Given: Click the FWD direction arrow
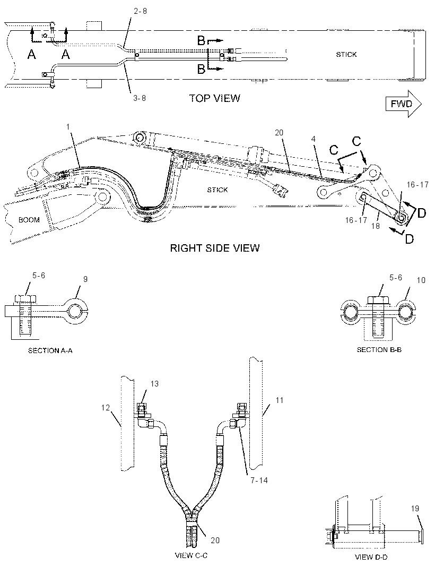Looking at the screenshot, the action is tap(403, 104).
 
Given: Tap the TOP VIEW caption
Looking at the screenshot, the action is tap(215, 98).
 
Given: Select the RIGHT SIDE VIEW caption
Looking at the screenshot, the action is tap(215, 248).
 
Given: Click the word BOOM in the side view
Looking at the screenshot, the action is tap(29, 220).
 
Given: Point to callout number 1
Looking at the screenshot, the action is tap(68, 127).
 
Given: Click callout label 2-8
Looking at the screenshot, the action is tap(140, 11).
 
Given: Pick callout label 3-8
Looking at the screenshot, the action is tap(139, 98).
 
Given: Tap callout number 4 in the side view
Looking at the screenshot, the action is tap(314, 139).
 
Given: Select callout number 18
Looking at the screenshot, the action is tap(376, 226).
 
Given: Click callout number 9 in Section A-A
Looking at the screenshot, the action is tap(85, 279).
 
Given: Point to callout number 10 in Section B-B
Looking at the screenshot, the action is tap(421, 280).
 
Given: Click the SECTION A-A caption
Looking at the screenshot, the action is tap(50, 350).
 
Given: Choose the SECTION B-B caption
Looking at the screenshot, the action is tap(379, 350).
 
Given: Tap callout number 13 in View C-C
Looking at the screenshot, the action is tap(154, 384).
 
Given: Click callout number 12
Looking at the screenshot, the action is tap(106, 408).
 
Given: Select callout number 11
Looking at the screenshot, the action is tap(279, 400).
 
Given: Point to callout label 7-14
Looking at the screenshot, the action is tap(260, 481).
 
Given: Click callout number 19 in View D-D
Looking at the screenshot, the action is tap(415, 509).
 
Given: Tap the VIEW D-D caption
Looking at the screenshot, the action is tap(371, 557).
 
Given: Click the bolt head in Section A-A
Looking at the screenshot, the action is tap(25, 299).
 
